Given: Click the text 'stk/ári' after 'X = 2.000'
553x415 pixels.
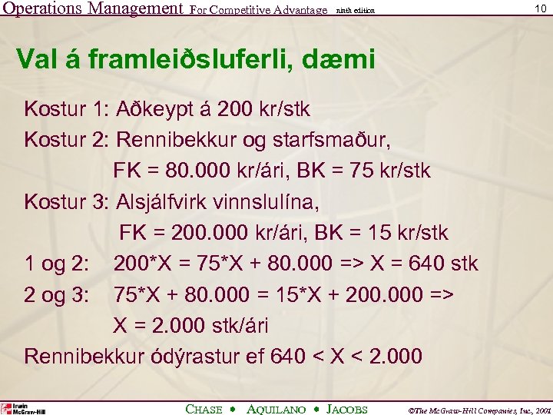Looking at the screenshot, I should click(230, 326).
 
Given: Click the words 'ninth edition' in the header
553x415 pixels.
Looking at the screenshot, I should click(356, 11).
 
